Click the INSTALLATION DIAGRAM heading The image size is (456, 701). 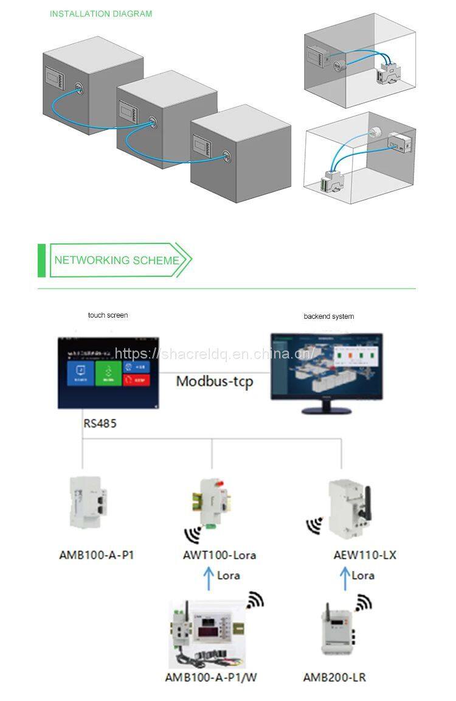[x=101, y=13]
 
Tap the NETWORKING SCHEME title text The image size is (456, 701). [x=117, y=260]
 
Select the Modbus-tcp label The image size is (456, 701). [x=214, y=382]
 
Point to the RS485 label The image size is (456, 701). [x=100, y=424]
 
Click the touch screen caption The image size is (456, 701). [x=108, y=315]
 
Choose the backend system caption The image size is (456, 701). [x=328, y=316]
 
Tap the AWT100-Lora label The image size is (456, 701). [x=219, y=555]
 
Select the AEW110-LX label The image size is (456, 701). [x=356, y=555]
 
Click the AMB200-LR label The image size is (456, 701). [x=334, y=677]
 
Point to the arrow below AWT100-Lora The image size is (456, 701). [x=209, y=576]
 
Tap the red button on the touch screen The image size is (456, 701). [x=136, y=381]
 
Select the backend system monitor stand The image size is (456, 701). [x=326, y=410]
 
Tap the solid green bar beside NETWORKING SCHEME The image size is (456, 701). [x=41, y=260]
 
